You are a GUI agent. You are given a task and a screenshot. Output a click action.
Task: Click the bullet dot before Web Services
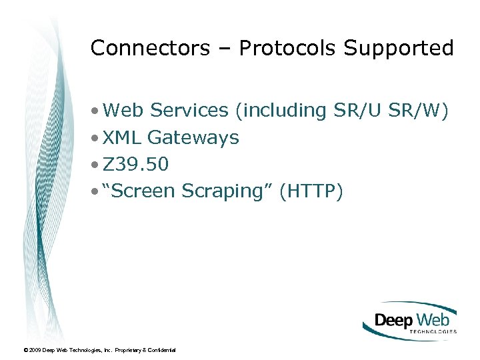[x=97, y=111]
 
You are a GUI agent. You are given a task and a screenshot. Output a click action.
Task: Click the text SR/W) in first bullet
[x=425, y=110]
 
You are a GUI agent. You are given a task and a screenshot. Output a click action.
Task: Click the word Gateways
[x=193, y=138]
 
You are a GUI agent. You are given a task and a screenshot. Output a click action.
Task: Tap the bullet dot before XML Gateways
[x=97, y=138]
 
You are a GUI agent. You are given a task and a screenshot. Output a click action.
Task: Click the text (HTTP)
[x=311, y=192]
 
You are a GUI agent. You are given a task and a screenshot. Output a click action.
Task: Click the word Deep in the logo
[x=394, y=319]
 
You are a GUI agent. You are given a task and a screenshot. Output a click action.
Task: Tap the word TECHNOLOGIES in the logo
[x=428, y=331]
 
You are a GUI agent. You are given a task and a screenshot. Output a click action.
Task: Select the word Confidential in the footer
[x=161, y=350]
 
